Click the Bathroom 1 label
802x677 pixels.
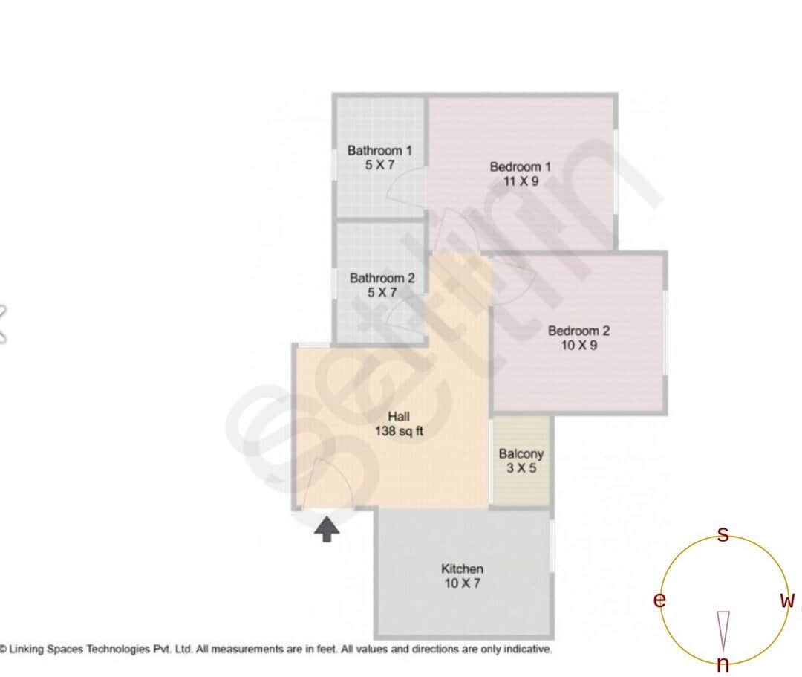tap(379, 150)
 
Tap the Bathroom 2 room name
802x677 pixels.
tap(382, 279)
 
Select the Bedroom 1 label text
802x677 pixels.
tap(521, 166)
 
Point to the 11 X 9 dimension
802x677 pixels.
tap(521, 181)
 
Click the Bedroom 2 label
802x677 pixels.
tap(578, 331)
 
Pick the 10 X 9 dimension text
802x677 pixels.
tap(578, 346)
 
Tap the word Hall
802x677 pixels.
tap(399, 416)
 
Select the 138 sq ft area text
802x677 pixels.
tap(399, 431)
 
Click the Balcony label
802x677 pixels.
tap(521, 453)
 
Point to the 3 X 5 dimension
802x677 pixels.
tap(521, 468)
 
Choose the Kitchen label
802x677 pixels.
tap(462, 569)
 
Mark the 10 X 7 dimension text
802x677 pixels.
tap(462, 583)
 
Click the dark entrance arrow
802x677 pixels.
tap(327, 530)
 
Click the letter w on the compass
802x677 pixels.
tap(787, 600)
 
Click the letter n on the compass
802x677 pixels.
tap(723, 665)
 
